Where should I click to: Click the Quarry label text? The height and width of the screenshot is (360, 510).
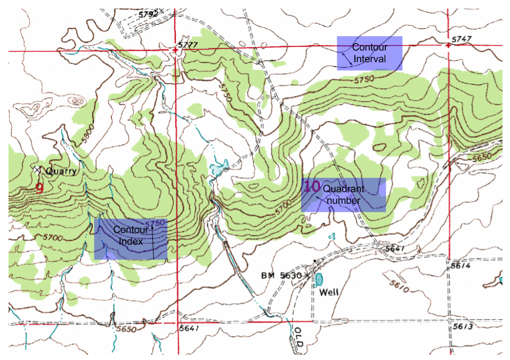61,171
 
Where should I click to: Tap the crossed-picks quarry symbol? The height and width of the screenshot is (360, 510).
37,170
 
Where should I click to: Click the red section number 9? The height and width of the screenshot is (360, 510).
39,187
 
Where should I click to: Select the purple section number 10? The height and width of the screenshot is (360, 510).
312,186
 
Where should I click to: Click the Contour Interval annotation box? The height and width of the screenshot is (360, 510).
369,53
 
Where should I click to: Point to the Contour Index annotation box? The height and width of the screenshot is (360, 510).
131,240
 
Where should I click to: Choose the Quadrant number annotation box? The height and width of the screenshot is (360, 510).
344,195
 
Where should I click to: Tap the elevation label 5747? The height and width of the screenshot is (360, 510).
461,40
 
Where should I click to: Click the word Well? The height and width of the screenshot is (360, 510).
329,292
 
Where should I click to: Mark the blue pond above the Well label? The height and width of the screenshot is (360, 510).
320,279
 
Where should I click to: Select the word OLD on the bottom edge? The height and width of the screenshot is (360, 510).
298,339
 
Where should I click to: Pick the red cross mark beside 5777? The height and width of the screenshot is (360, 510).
176,51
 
